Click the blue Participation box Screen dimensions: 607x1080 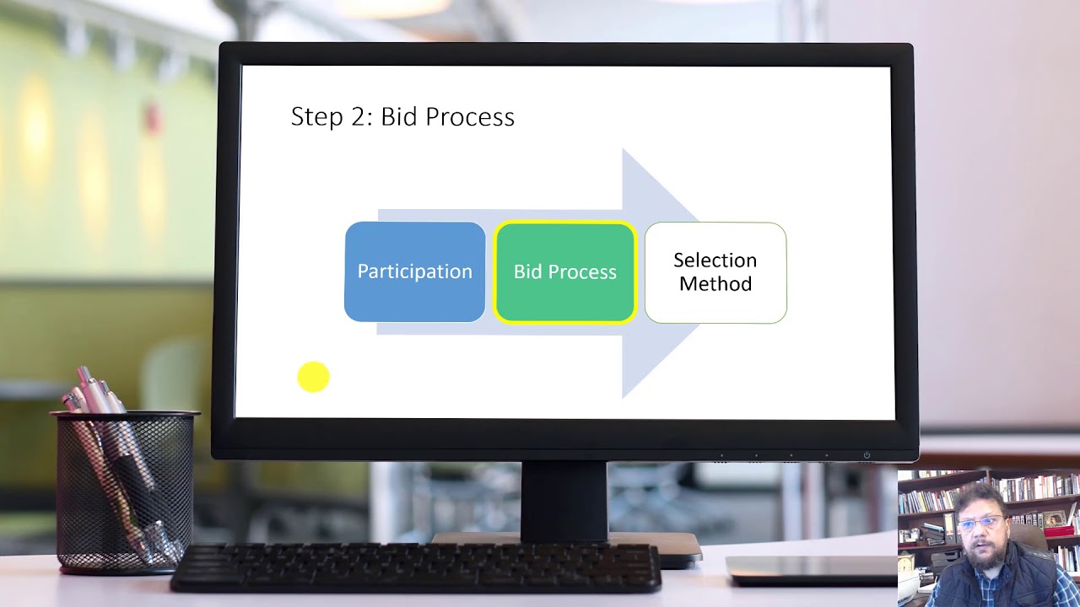tap(414, 271)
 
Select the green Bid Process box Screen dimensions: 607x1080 tap(564, 272)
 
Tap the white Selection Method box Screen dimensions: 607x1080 tap(715, 272)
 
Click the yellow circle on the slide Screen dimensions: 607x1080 tap(313, 377)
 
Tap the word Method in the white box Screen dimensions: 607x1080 tap(715, 284)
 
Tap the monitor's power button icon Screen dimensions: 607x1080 tap(867, 455)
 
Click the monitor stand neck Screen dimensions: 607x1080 tap(564, 501)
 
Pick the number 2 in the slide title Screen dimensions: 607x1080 tap(362, 117)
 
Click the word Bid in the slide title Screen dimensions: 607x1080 tap(400, 117)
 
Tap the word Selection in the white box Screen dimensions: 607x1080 tap(715, 261)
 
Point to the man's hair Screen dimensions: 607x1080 tap(979, 497)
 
